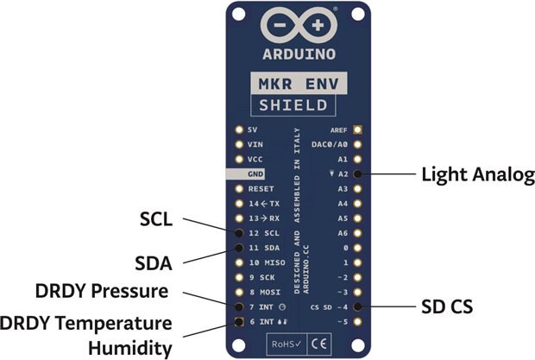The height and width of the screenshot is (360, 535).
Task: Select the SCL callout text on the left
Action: tap(157, 220)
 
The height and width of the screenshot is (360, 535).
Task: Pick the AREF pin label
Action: tap(338, 129)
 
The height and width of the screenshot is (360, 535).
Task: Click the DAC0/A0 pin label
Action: tap(330, 144)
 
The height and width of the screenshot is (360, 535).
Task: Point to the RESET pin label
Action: tap(261, 188)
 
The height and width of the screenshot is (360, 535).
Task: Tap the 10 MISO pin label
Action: tap(267, 262)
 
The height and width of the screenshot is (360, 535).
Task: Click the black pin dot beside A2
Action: tap(357, 174)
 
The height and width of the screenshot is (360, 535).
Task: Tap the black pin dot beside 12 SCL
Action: tap(237, 233)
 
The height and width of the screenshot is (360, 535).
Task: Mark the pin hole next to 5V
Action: tap(237, 129)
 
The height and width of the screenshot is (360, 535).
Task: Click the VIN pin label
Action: tap(255, 144)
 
